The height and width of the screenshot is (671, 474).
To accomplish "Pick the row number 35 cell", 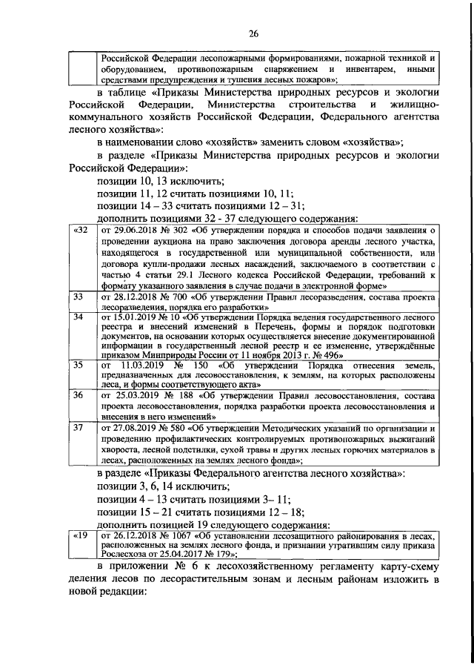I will click(78, 365).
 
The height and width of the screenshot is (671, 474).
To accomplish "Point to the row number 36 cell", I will click(78, 395).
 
